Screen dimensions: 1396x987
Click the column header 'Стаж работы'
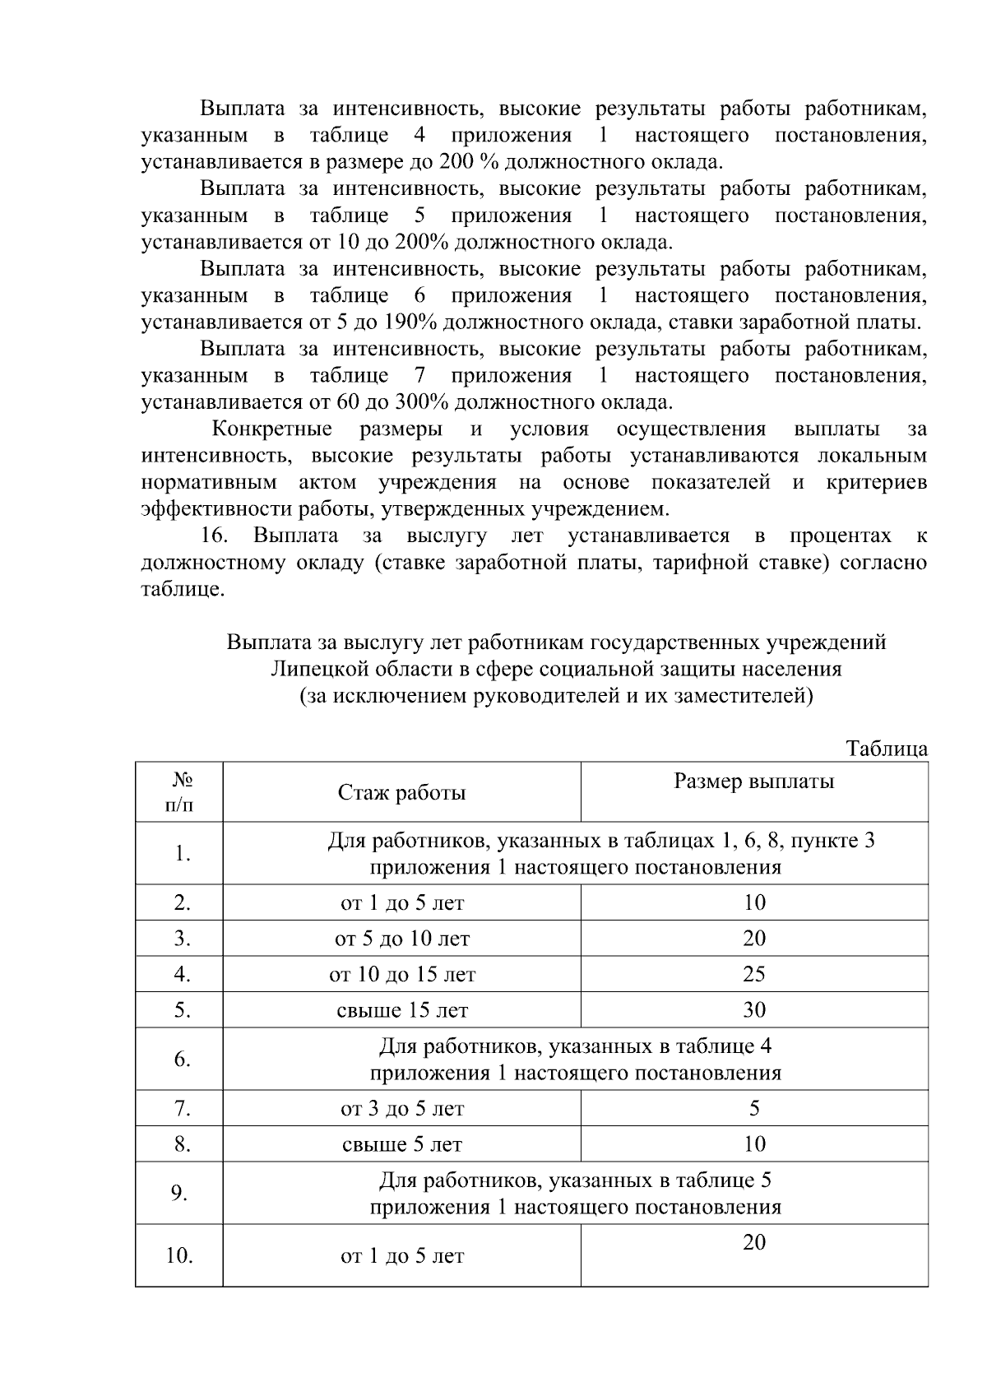click(401, 792)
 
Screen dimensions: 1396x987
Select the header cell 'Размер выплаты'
click(753, 781)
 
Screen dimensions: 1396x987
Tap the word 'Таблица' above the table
click(887, 749)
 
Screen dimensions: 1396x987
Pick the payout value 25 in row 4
click(753, 974)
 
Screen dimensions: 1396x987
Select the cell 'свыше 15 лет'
click(401, 1010)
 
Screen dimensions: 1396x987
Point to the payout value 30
click(753, 1009)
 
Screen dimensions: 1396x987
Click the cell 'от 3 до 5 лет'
click(401, 1109)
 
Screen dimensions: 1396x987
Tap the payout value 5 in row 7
click(753, 1108)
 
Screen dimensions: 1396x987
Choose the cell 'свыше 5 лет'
click(401, 1144)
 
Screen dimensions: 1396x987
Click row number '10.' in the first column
click(179, 1256)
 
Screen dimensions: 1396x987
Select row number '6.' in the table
click(182, 1059)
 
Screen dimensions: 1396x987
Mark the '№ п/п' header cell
click(180, 791)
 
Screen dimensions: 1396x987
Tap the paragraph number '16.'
click(214, 536)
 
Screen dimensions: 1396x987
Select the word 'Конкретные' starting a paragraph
click(271, 429)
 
